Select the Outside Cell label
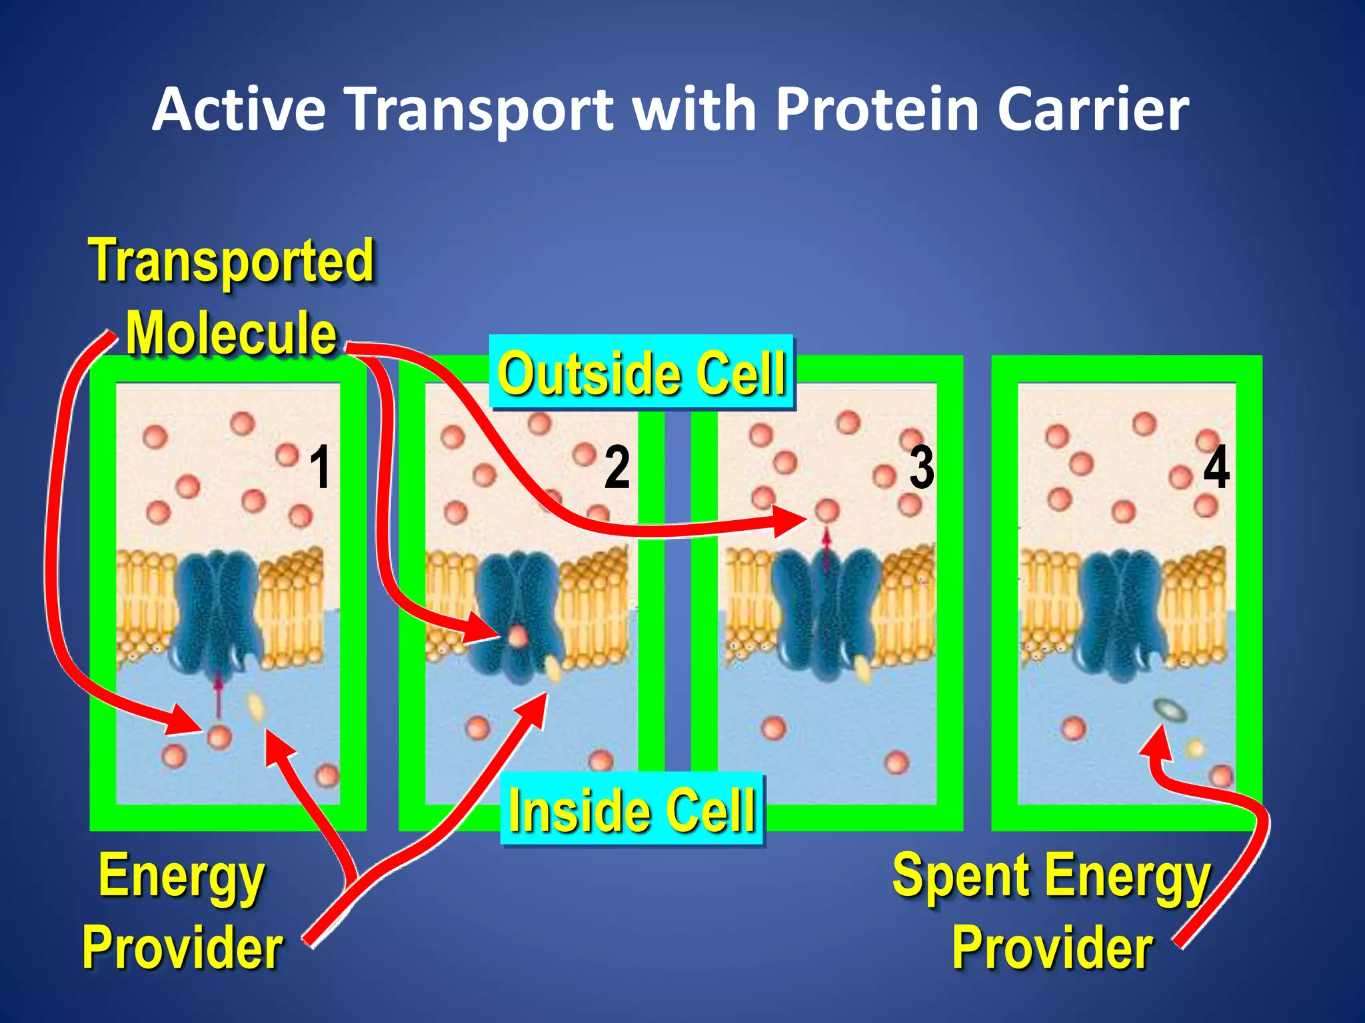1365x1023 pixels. pyautogui.click(x=641, y=373)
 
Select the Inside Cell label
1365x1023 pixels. pyautogui.click(x=632, y=810)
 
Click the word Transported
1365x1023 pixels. pyautogui.click(x=231, y=261)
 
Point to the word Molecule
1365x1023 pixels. pyautogui.click(x=231, y=333)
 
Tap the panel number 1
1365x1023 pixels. pyautogui.click(x=321, y=468)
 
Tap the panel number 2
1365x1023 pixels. pyautogui.click(x=617, y=468)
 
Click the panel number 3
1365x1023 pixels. pyautogui.click(x=922, y=468)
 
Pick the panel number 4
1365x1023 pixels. pyautogui.click(x=1216, y=468)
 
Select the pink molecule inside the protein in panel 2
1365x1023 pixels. pyautogui.click(x=518, y=636)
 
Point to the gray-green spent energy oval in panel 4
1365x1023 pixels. pyautogui.click(x=1170, y=709)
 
